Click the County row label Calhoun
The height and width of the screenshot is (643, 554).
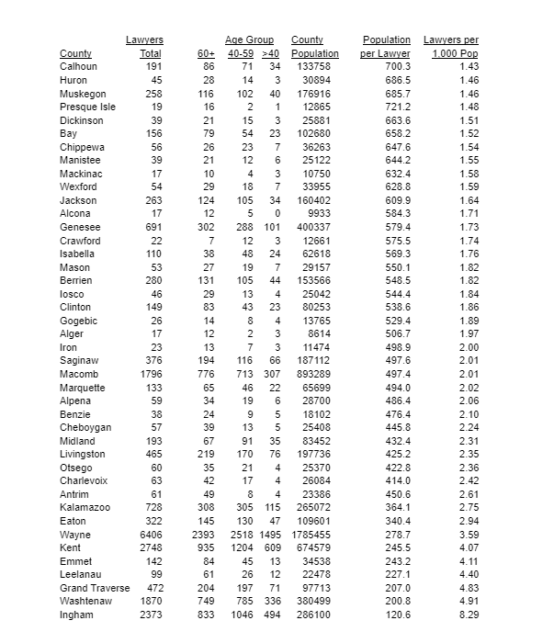[x=78, y=67]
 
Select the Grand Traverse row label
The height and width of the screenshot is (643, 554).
[x=94, y=588]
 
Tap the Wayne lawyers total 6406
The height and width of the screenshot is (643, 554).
[x=149, y=535]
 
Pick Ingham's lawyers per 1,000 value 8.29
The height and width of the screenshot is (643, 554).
[x=469, y=615]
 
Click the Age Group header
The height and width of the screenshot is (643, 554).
[x=249, y=40]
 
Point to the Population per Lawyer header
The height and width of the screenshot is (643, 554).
[x=386, y=47]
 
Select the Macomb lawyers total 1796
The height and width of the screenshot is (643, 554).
[x=149, y=374]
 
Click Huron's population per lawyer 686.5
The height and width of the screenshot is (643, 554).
[x=397, y=81]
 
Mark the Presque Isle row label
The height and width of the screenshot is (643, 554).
[x=87, y=107]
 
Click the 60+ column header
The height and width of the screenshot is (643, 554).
[x=206, y=54]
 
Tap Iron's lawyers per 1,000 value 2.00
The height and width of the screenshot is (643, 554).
[x=469, y=347]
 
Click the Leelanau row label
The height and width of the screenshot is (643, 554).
[x=81, y=574]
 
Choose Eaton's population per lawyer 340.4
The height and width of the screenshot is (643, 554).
[x=397, y=521]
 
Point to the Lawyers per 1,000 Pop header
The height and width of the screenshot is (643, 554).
[x=451, y=47]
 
